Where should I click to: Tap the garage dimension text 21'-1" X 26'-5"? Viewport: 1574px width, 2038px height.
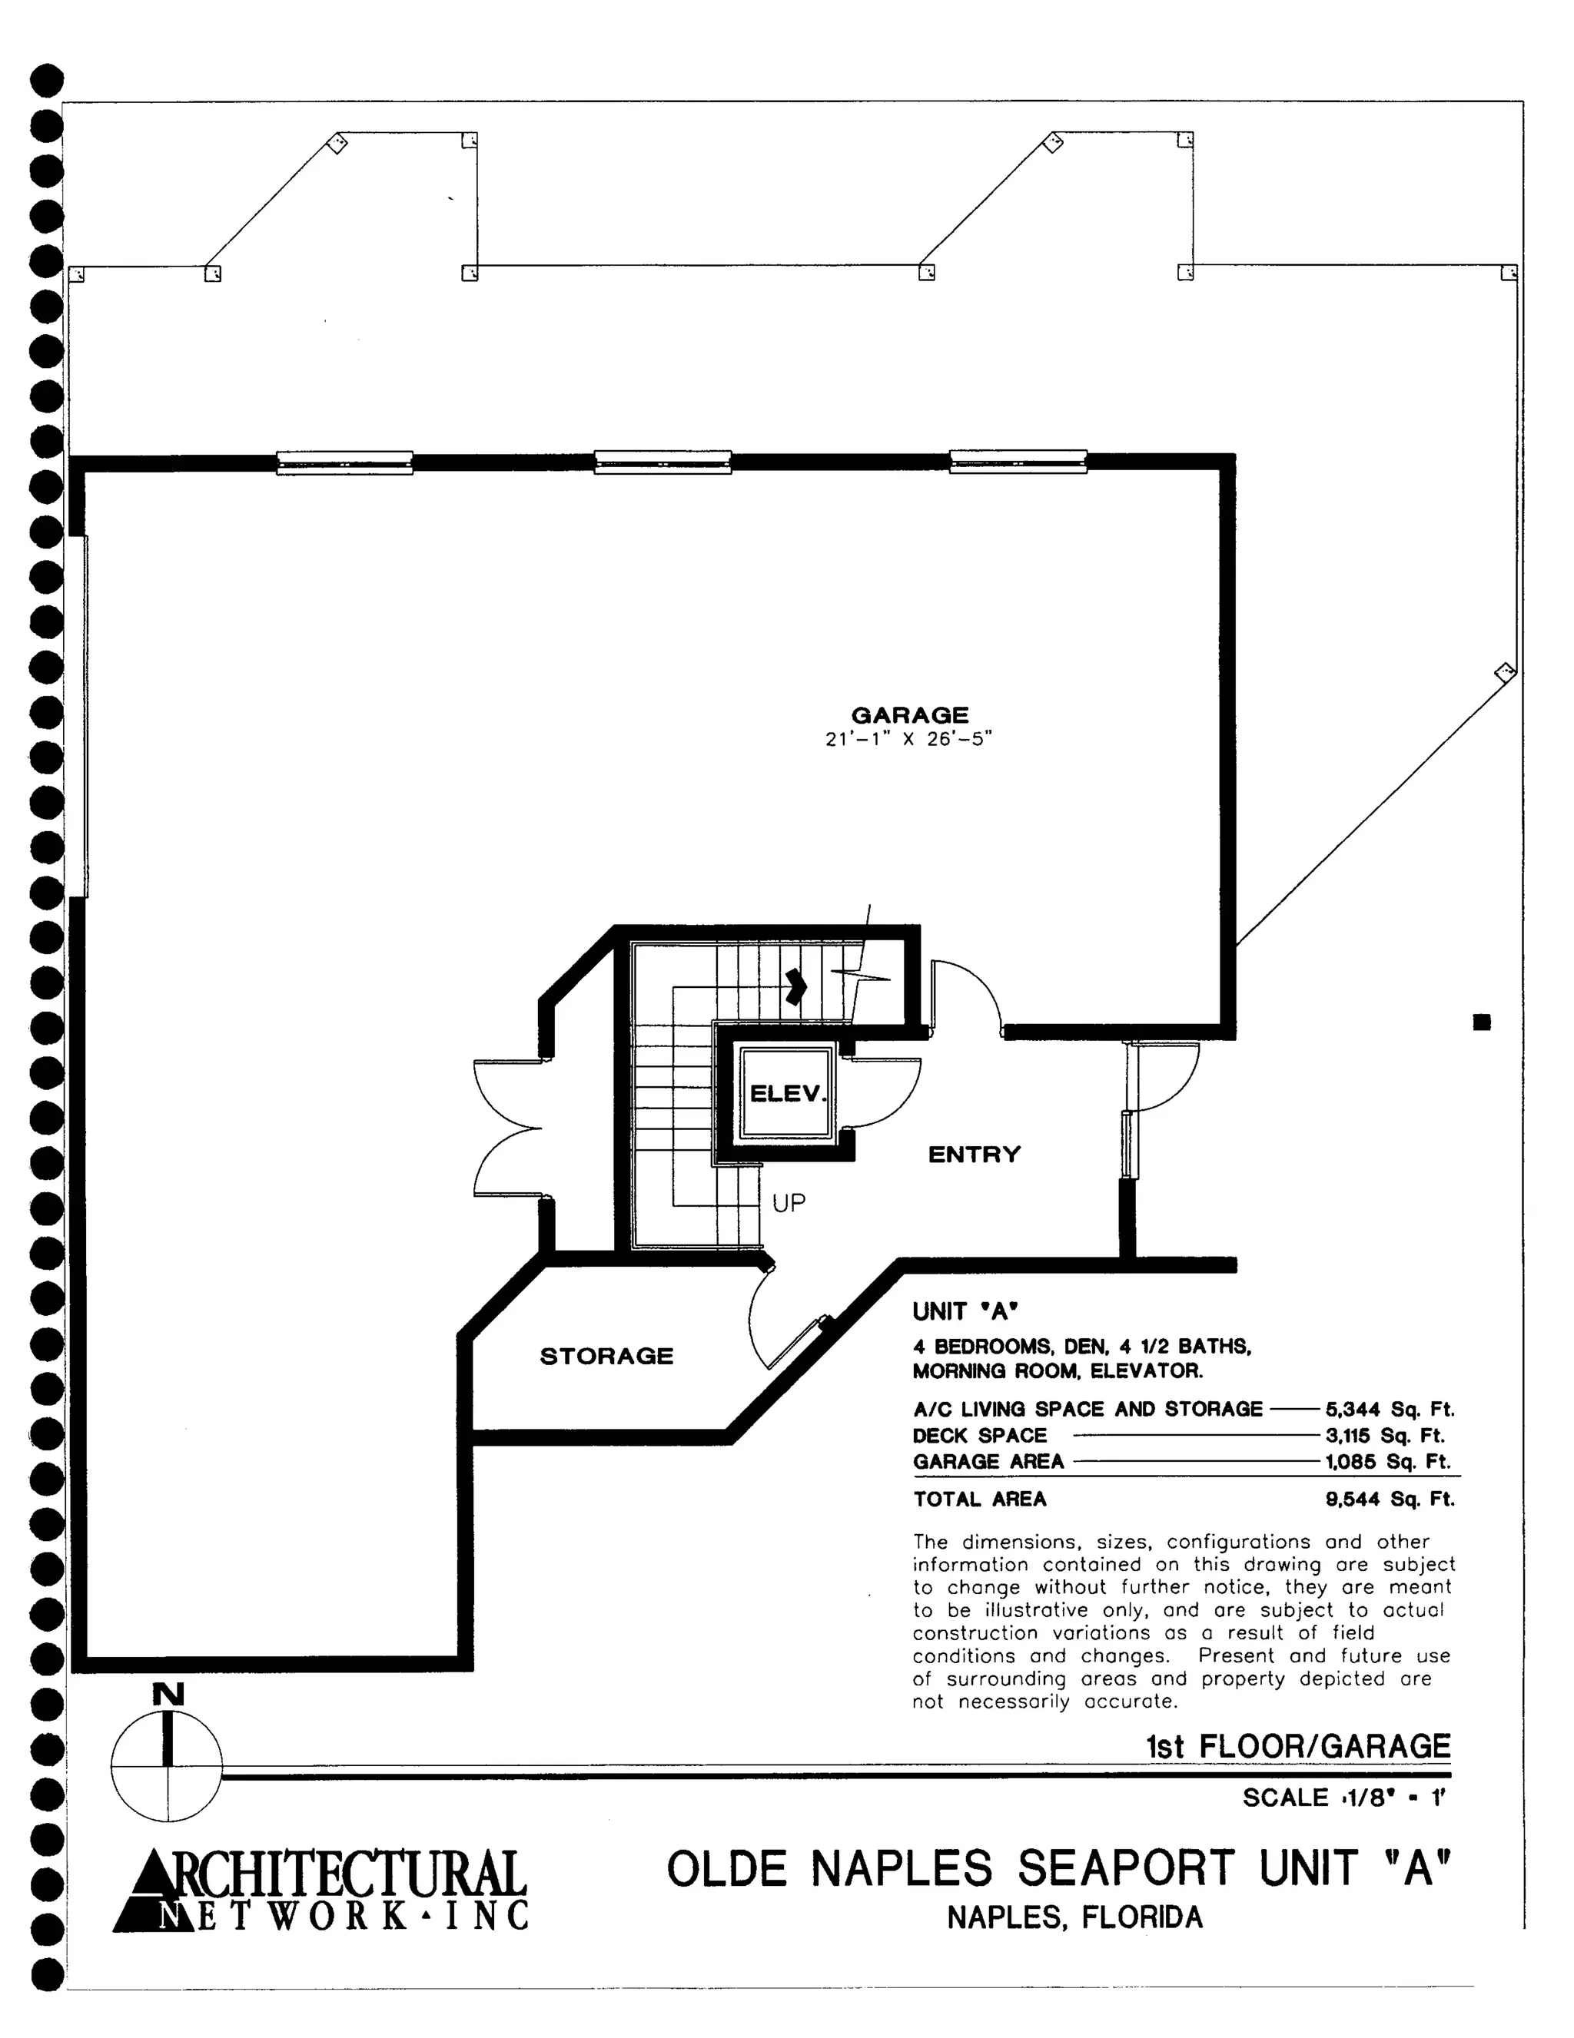908,739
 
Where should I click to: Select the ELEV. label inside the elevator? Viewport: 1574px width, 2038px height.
788,1092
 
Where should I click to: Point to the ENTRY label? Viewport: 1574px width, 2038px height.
974,1155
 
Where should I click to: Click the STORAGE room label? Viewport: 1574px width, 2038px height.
606,1356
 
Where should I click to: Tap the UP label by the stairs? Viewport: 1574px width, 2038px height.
788,1203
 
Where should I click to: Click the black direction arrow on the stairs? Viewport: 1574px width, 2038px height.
795,986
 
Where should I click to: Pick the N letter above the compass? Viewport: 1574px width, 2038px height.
168,1694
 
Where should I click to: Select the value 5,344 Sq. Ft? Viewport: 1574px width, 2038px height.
1389,1409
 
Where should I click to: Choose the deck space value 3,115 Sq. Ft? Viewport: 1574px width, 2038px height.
1389,1435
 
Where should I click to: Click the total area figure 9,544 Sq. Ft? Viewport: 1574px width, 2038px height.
1389,1499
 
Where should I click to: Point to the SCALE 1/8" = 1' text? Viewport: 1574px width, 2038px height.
1344,1798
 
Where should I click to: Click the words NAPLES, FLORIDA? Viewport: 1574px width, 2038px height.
1075,1917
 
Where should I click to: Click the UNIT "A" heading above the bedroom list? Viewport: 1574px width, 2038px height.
965,1311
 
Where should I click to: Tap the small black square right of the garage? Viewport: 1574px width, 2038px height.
1482,1022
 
